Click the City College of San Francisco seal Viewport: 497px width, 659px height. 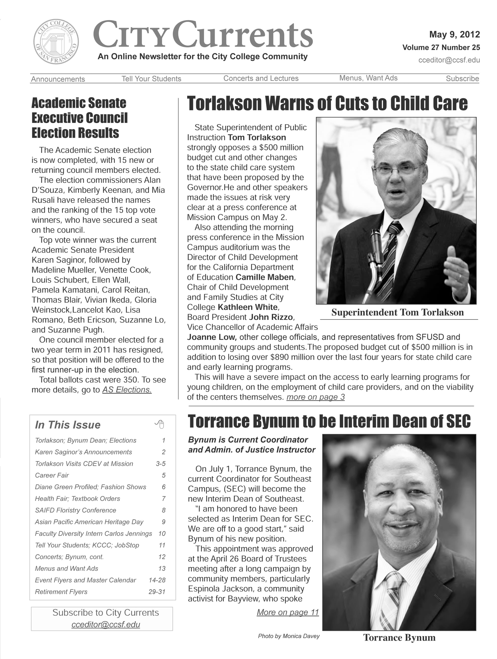click(56, 42)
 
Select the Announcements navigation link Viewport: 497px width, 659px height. click(58, 79)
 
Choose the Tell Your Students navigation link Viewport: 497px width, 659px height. click(151, 79)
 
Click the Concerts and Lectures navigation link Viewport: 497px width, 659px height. click(261, 78)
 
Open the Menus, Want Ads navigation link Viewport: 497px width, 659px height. click(368, 78)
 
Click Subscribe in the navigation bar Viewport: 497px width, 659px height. click(462, 79)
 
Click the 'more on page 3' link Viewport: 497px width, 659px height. click(315, 397)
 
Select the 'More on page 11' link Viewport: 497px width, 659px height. click(288, 612)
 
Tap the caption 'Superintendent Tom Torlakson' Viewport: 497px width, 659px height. click(397, 312)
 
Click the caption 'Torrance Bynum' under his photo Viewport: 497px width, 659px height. click(399, 638)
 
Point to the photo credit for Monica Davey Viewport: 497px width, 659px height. click(289, 636)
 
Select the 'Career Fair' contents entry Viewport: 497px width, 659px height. click(52, 475)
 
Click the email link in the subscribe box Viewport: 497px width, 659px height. click(106, 624)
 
